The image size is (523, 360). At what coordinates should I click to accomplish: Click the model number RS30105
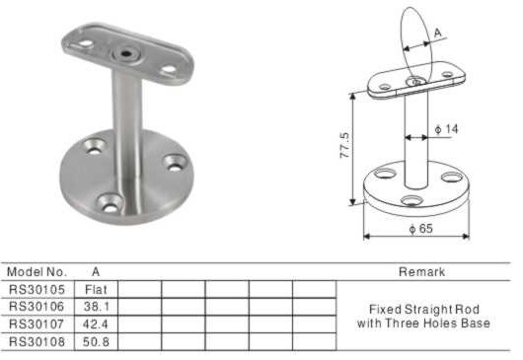click(x=37, y=289)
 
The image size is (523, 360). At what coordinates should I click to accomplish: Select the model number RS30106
click(x=37, y=307)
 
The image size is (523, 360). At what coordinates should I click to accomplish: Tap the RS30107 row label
click(x=37, y=324)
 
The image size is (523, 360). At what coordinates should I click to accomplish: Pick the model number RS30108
click(x=37, y=341)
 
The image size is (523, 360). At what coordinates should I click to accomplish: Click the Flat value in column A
click(x=96, y=289)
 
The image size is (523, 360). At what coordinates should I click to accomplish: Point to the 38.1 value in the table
click(x=96, y=307)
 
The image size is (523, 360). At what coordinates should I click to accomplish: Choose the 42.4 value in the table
click(x=96, y=324)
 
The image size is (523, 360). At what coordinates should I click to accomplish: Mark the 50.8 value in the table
click(x=96, y=341)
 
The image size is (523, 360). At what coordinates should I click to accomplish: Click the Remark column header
click(x=422, y=271)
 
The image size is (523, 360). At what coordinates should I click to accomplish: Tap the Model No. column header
click(x=37, y=271)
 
